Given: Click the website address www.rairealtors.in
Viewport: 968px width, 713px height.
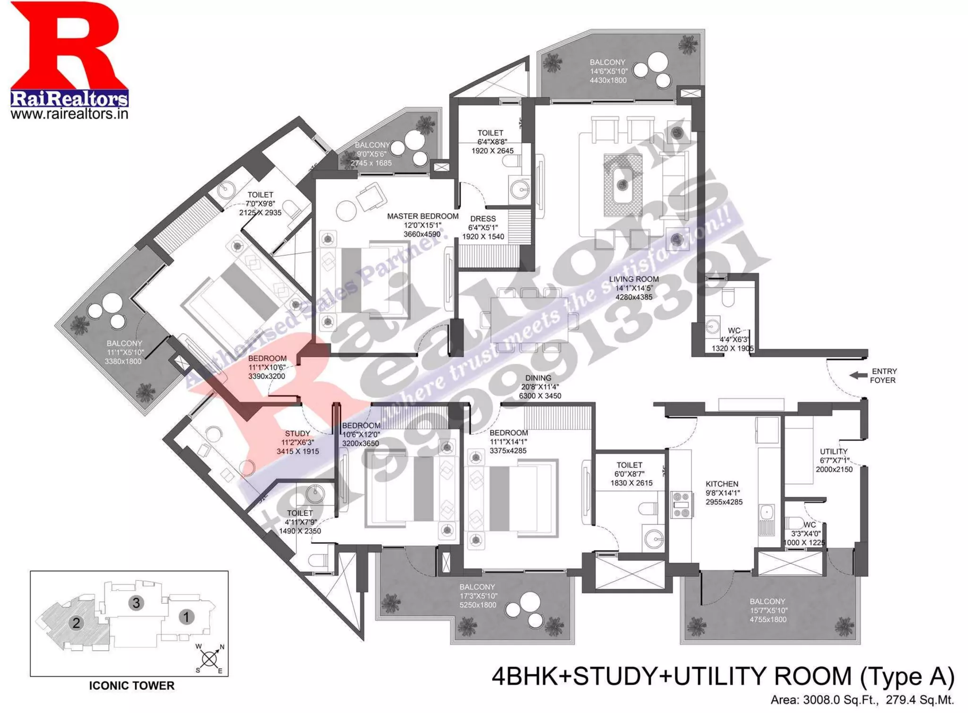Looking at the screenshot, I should pos(69,114).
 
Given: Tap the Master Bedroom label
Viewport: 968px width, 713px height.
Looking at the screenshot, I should pos(423,216).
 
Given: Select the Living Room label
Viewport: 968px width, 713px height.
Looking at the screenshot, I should pos(633,279).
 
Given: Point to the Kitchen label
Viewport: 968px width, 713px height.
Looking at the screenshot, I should pos(722,484).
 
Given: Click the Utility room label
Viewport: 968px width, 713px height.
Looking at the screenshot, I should pos(833,452).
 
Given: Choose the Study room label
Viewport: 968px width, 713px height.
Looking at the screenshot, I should pos(297,434).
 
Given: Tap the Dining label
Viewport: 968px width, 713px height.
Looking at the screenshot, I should pos(538,378).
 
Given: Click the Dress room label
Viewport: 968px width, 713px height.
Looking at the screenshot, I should pos(483,219).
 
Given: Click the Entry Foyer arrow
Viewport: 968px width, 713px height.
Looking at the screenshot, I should pos(858,375).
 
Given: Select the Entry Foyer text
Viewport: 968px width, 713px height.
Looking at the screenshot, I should pos(883,376).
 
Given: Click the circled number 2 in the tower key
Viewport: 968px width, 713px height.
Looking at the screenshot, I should pos(76,623).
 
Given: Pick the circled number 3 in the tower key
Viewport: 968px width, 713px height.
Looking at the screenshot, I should pos(136,602).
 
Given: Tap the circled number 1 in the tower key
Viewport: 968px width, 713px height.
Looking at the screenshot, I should pos(186,617).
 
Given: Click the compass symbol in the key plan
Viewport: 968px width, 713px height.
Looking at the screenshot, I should pos(209,658).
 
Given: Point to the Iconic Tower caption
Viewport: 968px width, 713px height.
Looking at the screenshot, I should pos(131,685).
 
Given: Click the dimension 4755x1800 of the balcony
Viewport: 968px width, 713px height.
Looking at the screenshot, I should pos(768,619).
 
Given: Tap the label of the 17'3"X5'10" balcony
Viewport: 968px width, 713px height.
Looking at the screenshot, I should pos(477,587).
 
